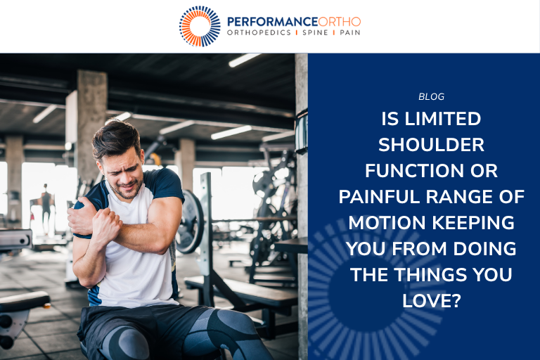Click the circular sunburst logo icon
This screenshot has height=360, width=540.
point(200,26)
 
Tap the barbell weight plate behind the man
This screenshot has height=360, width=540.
point(189,222)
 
